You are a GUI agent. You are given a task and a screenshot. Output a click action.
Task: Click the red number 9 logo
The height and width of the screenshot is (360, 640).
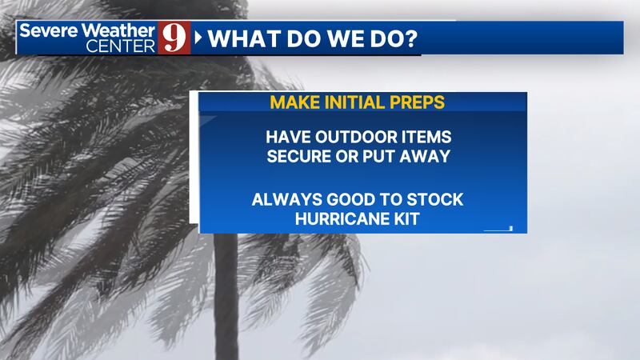(174, 38)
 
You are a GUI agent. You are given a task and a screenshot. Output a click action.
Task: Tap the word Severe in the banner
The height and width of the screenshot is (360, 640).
(48, 30)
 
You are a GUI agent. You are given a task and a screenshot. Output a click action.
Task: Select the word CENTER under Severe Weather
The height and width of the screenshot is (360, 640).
(121, 46)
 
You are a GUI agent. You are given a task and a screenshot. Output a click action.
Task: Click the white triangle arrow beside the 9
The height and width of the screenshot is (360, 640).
(198, 38)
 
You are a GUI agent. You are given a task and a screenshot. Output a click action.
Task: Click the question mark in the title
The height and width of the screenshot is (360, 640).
(411, 38)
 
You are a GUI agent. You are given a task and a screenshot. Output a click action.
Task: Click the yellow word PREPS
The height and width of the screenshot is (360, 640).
(417, 102)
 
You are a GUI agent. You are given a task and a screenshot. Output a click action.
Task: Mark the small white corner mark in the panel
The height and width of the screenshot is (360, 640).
(498, 229)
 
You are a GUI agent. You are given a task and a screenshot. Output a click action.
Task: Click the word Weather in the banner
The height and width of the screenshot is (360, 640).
(118, 30)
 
